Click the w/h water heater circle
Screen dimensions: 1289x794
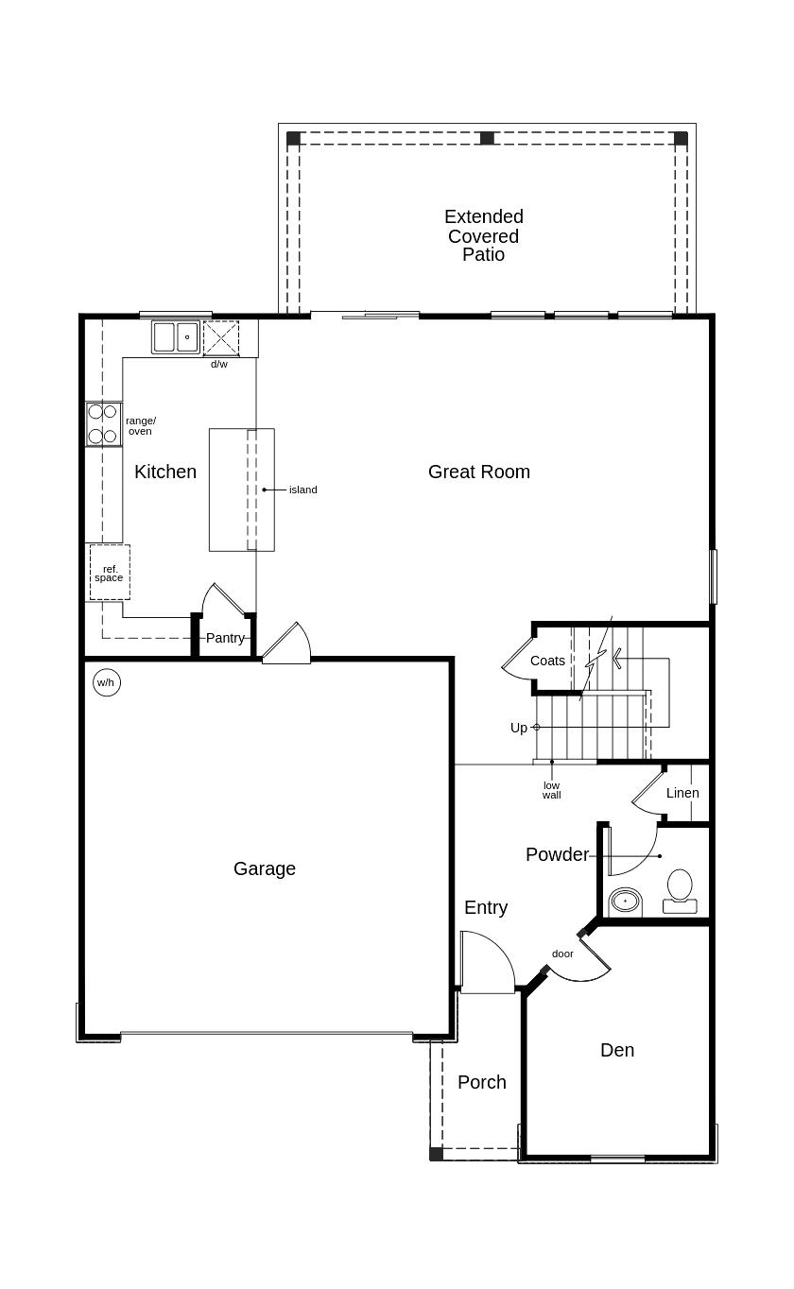(107, 682)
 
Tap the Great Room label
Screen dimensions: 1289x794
(478, 472)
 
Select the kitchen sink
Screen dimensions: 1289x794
(176, 337)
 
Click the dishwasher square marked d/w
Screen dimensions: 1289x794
(221, 337)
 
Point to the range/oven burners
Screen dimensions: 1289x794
(103, 424)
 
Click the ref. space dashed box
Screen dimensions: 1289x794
(110, 573)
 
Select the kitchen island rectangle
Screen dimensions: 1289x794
(241, 490)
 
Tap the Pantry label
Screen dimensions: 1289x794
(225, 638)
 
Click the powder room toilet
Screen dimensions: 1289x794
(680, 891)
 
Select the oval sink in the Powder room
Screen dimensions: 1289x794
(625, 901)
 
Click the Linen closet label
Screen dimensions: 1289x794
(682, 793)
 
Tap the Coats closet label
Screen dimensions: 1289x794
(547, 661)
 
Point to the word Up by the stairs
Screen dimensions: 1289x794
(519, 728)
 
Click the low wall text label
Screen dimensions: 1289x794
(551, 790)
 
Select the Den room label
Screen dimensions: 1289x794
(617, 1050)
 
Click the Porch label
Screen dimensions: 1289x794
(482, 1082)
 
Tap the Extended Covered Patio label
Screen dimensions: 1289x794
(484, 235)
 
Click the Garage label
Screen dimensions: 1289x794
(265, 868)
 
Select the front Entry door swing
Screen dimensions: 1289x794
(487, 962)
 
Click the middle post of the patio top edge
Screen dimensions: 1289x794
(487, 138)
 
